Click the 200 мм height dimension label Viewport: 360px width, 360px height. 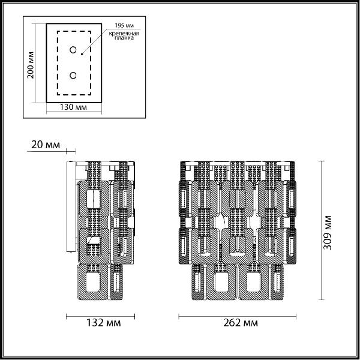[31, 65]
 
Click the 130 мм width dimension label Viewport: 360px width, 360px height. [73, 107]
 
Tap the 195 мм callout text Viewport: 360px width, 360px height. [124, 25]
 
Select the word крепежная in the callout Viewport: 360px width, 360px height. [124, 34]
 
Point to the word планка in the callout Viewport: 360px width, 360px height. [124, 38]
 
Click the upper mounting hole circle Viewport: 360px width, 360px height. [73, 50]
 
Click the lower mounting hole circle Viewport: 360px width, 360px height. [73, 76]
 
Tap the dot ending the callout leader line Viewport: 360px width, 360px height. [82, 54]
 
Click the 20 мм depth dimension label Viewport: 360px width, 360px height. [46, 145]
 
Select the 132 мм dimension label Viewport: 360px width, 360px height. [103, 323]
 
